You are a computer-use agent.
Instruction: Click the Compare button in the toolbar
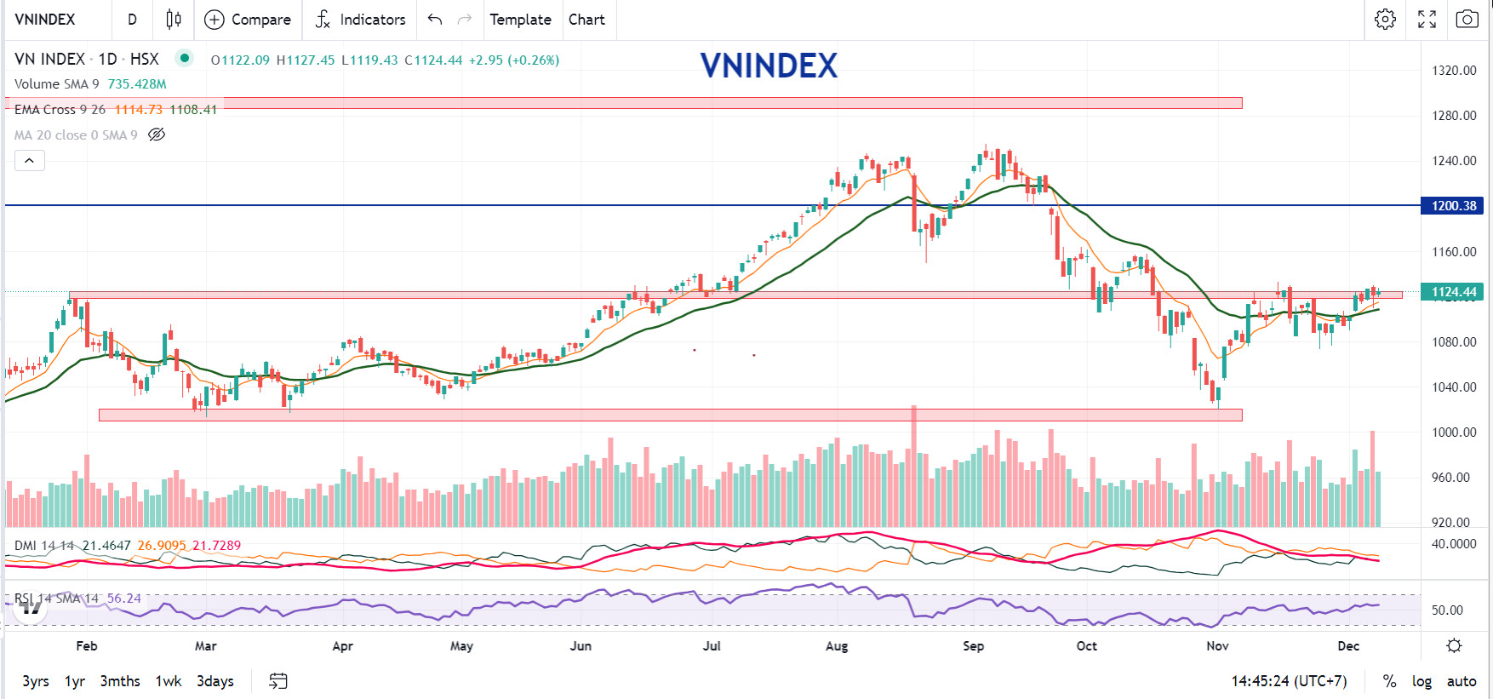point(248,20)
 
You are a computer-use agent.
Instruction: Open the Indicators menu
point(360,20)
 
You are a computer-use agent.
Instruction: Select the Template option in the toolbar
point(520,20)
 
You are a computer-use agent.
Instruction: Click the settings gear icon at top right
point(1385,20)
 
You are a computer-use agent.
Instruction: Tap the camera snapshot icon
point(1467,20)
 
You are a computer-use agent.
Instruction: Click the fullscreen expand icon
point(1427,20)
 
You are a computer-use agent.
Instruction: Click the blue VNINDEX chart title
point(769,66)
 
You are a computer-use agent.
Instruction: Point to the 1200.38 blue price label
point(1454,206)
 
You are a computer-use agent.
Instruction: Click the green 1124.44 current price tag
point(1454,292)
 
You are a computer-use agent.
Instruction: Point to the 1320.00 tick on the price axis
point(1454,71)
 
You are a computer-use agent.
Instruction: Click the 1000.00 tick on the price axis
point(1454,433)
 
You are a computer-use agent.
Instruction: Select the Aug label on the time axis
point(837,646)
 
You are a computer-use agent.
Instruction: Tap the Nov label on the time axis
point(1217,646)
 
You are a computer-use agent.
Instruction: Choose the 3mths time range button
point(120,681)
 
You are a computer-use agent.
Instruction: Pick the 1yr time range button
point(75,681)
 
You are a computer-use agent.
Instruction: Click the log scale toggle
point(1421,681)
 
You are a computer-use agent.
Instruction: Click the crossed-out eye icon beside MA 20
point(157,135)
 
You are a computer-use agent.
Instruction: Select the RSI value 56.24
point(124,599)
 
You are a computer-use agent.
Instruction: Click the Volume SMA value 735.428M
point(137,84)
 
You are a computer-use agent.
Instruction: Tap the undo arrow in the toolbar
point(435,20)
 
